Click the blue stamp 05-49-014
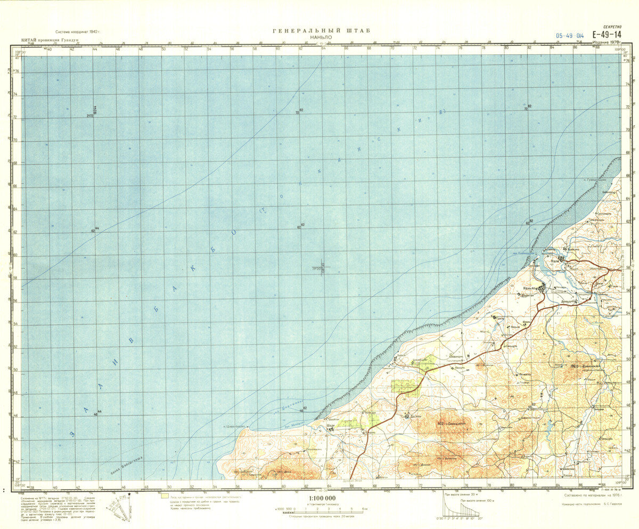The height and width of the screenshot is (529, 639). click(x=570, y=36)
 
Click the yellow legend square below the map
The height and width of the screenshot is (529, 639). click(x=165, y=496)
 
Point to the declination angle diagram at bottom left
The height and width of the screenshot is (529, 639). click(x=118, y=509)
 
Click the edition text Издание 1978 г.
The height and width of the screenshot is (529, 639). click(x=609, y=42)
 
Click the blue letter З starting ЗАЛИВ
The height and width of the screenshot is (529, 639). click(x=71, y=435)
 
